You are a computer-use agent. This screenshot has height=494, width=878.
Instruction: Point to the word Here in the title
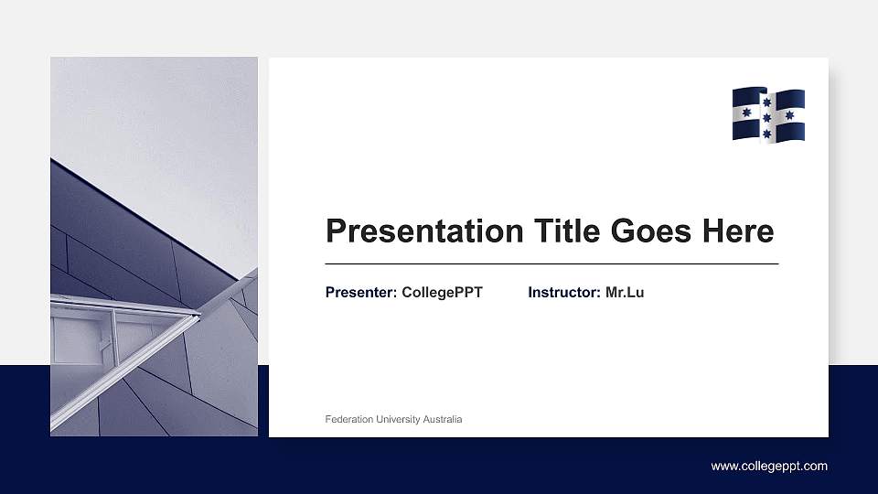[x=738, y=231]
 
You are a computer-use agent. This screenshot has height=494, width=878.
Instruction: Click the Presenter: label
[x=361, y=293]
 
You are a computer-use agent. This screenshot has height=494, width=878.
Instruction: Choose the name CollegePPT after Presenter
[x=442, y=293]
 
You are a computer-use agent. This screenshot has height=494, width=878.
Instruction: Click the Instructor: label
[x=564, y=293]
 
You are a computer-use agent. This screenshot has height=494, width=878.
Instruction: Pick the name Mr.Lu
[x=625, y=293]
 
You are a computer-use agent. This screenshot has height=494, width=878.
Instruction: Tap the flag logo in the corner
[x=768, y=114]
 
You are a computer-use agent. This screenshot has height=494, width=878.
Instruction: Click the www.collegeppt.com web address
[x=769, y=467]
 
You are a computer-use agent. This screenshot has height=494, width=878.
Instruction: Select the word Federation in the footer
[x=348, y=420]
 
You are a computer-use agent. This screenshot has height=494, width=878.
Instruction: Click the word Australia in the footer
[x=442, y=420]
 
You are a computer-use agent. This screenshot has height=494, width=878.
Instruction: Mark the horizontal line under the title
[x=551, y=263]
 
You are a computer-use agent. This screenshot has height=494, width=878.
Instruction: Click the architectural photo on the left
[x=154, y=247]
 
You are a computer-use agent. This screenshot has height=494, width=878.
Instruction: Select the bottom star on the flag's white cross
[x=767, y=134]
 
